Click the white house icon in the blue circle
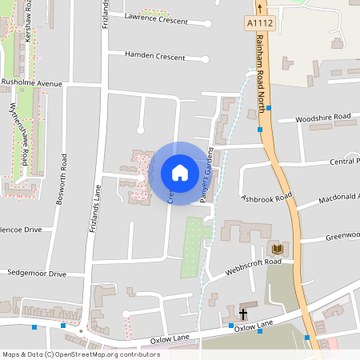tap(180, 173)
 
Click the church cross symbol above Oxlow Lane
tap(243, 314)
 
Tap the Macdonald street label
tap(339, 197)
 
